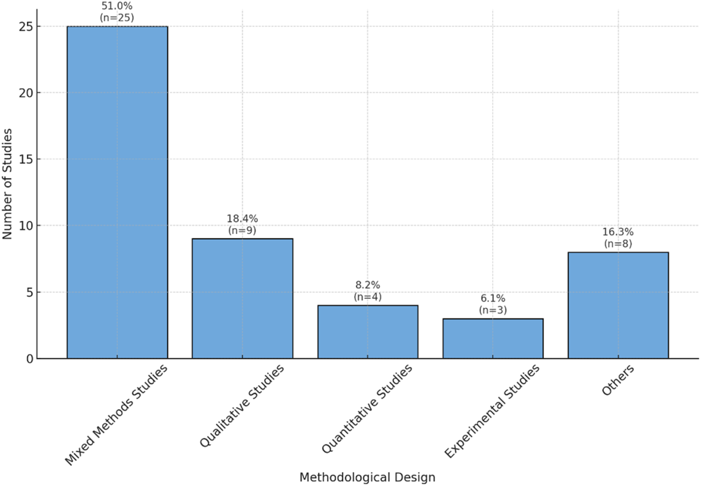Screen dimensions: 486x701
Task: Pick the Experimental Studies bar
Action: [493, 338]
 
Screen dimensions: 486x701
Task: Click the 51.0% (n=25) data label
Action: [117, 12]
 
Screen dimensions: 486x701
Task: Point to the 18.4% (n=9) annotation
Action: [242, 224]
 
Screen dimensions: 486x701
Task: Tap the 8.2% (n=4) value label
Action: [368, 291]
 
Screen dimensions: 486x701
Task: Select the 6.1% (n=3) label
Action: [493, 304]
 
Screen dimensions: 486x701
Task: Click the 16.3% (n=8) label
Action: [618, 238]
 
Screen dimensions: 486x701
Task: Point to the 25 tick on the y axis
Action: [26, 27]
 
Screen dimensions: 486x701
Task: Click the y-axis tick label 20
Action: [26, 93]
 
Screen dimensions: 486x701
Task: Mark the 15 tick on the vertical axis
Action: [26, 159]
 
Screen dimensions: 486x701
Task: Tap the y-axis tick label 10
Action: [26, 226]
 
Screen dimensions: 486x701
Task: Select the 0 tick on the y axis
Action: [30, 359]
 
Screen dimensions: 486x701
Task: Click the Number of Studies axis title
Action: [7, 184]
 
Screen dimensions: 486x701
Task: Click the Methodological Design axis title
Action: [367, 477]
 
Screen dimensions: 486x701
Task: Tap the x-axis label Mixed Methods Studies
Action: [116, 415]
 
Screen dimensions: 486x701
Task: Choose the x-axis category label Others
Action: [618, 380]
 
